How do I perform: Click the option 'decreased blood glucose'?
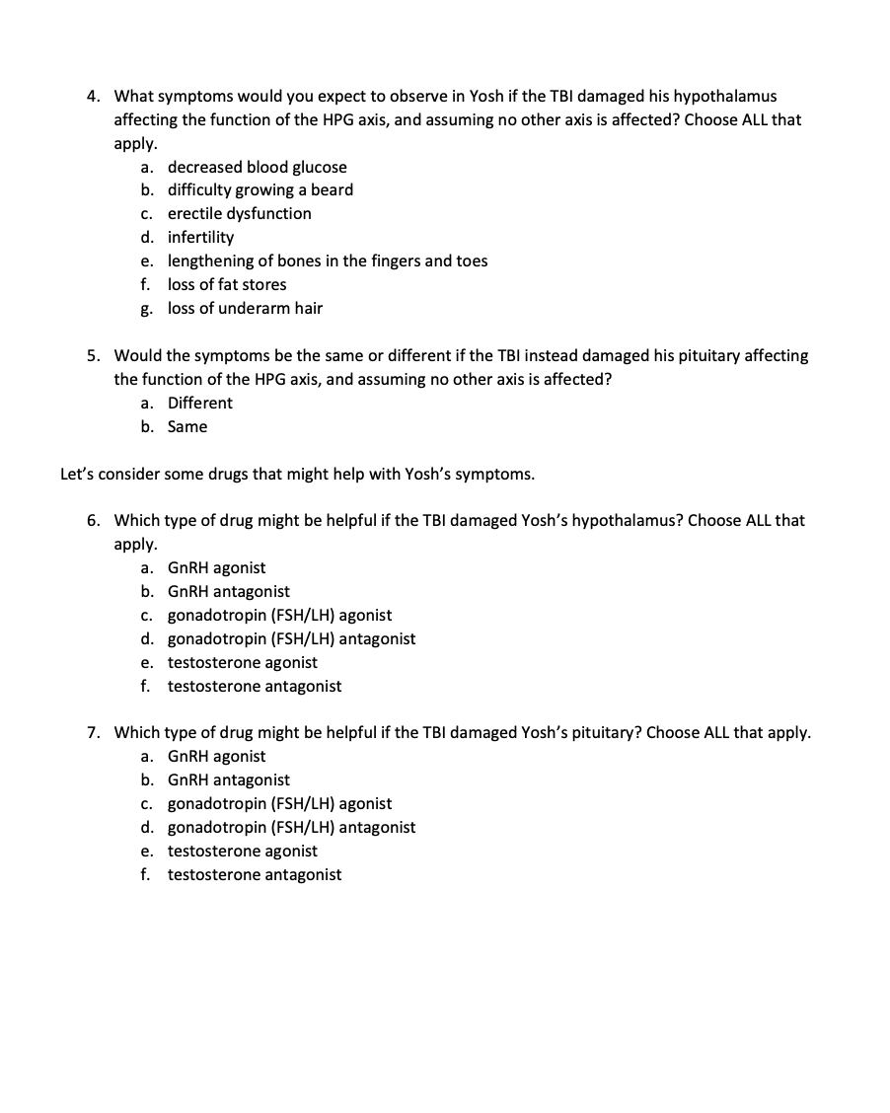pyautogui.click(x=257, y=167)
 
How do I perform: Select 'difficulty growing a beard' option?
pyautogui.click(x=260, y=189)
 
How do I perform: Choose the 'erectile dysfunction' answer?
pyautogui.click(x=239, y=213)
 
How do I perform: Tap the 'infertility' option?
pyautogui.click(x=200, y=237)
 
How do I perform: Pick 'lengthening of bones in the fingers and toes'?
pyautogui.click(x=327, y=260)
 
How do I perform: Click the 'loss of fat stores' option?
pyautogui.click(x=227, y=284)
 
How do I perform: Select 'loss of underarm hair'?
pyautogui.click(x=245, y=308)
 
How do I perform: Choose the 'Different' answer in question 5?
pyautogui.click(x=199, y=403)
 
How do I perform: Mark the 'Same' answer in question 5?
pyautogui.click(x=187, y=426)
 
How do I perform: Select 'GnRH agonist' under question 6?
pyautogui.click(x=216, y=567)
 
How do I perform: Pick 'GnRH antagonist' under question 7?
pyautogui.click(x=228, y=779)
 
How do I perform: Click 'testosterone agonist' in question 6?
pyautogui.click(x=242, y=662)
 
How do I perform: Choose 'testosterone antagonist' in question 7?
pyautogui.click(x=254, y=874)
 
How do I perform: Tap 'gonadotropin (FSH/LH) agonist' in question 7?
pyautogui.click(x=279, y=803)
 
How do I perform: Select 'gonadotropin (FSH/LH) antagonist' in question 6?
pyautogui.click(x=291, y=638)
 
